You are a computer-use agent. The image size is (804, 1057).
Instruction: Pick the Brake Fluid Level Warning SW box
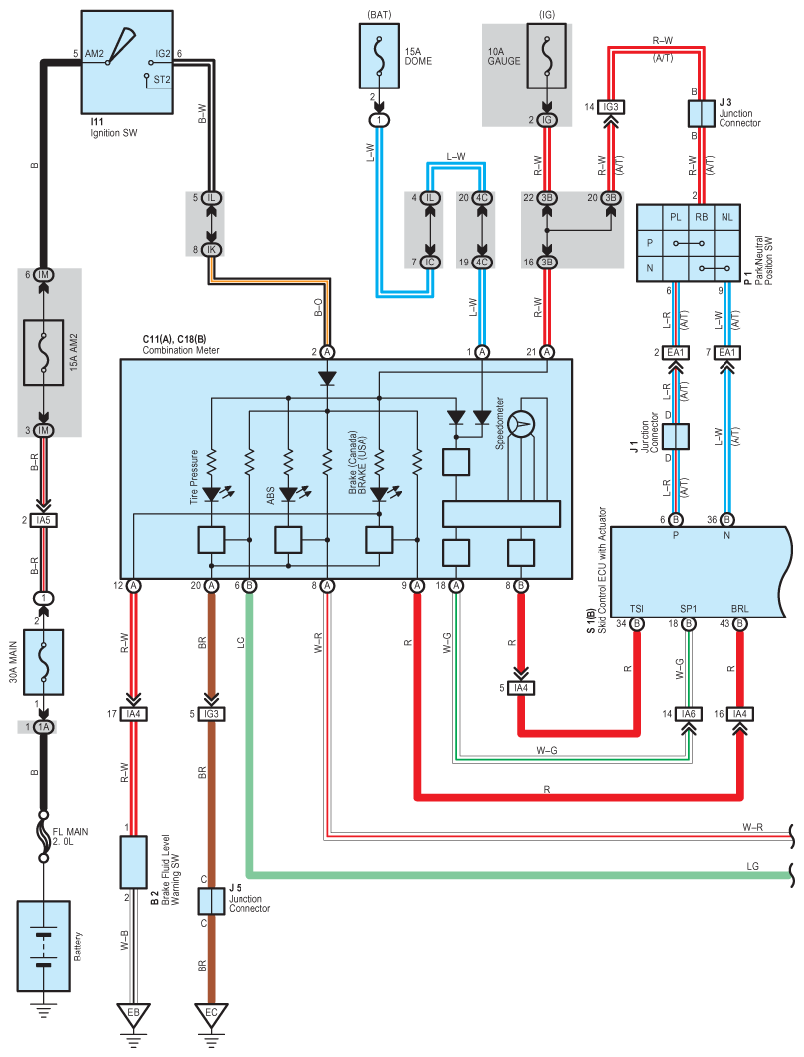(133, 862)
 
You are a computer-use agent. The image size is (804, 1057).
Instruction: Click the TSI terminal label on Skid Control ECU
(636, 608)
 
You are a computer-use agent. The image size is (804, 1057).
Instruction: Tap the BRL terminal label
(740, 608)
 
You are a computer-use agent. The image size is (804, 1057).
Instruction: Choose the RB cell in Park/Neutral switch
(702, 216)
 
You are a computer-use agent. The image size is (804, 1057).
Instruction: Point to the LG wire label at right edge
(753, 867)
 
